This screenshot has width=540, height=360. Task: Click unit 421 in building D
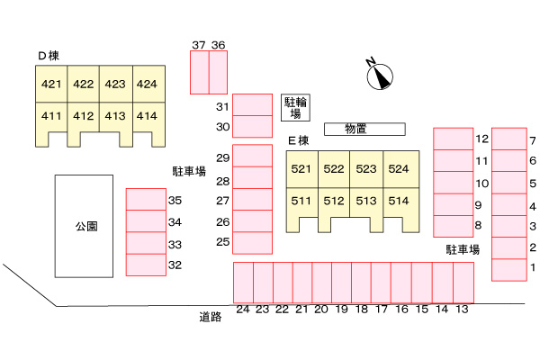point(51,85)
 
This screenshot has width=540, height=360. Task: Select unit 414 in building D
point(147,115)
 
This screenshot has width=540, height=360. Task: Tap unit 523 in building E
point(365,168)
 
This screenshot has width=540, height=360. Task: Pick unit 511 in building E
point(301,201)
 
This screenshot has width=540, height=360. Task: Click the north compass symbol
point(381,76)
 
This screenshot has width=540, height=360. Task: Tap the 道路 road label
point(211,316)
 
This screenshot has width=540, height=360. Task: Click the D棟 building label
point(48,56)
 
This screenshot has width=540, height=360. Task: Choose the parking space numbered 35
point(144,200)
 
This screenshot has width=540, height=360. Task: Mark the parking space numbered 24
point(243,283)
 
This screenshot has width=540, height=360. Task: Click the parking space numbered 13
point(463,283)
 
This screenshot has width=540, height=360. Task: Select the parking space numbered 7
point(508,139)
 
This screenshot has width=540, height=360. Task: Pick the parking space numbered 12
point(454,139)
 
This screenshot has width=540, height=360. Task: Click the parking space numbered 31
point(252,104)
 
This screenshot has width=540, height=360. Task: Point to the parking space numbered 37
point(199,72)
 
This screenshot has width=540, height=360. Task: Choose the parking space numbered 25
point(252,242)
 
